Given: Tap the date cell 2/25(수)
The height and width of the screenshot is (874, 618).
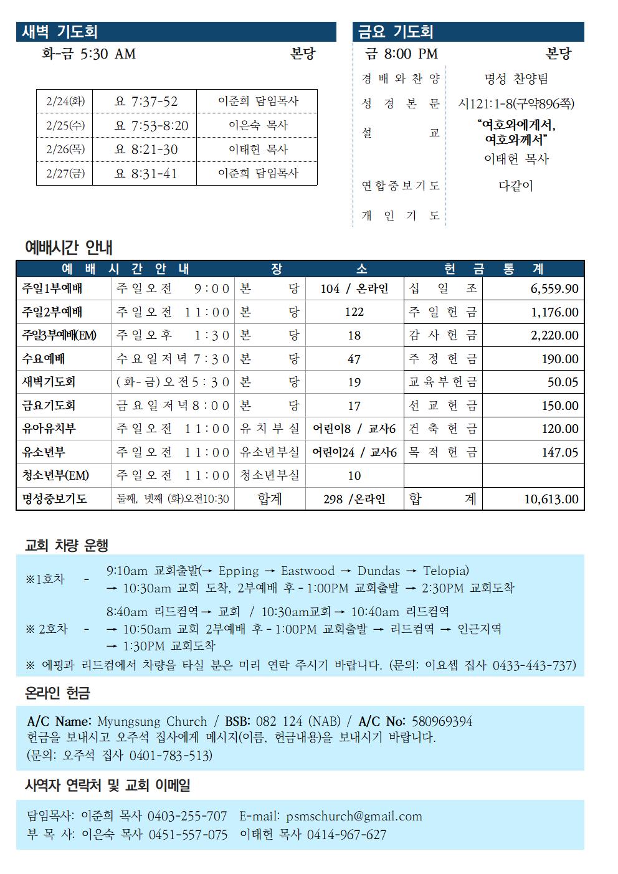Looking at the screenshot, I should click(x=65, y=125).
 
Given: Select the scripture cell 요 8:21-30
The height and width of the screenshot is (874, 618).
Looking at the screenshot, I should click(x=146, y=150).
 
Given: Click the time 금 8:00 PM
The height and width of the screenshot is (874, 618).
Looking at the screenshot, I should click(x=402, y=54).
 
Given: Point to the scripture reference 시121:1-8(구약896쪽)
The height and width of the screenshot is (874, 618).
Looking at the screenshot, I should click(x=516, y=103).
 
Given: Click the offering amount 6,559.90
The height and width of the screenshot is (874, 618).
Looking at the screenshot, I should click(x=554, y=288).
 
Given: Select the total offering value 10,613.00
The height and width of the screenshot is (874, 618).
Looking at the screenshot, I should click(x=551, y=499).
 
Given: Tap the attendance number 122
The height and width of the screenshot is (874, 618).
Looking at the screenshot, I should click(x=354, y=312).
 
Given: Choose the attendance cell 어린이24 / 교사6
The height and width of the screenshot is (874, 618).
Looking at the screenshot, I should click(x=354, y=452).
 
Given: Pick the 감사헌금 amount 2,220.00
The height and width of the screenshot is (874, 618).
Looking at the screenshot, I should click(x=554, y=335).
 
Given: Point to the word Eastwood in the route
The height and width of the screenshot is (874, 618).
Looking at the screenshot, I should click(x=308, y=571).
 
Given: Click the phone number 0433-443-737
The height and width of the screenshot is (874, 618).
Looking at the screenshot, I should click(x=534, y=665).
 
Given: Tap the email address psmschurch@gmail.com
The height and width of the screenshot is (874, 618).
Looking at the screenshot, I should click(x=354, y=816).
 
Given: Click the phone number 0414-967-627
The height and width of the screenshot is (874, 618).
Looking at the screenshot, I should click(x=346, y=835).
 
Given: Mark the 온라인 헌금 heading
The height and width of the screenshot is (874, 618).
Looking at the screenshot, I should click(x=57, y=693).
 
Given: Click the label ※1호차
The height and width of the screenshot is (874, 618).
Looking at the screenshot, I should click(x=45, y=579).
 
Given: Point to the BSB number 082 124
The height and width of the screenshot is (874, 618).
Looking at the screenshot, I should click(x=279, y=721).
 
